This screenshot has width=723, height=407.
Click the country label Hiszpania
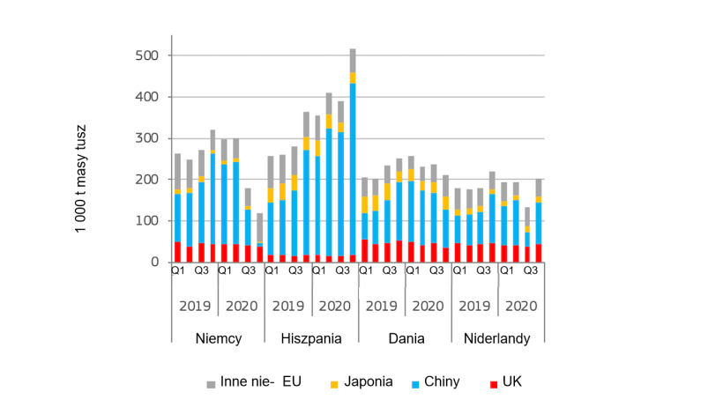coord(311,337)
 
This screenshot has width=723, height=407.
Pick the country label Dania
coord(406,337)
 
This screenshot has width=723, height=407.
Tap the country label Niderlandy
coord(498,337)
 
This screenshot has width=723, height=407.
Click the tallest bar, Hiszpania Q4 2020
coord(353,159)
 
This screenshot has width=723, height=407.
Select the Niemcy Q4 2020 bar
coord(259,238)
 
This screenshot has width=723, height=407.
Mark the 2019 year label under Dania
coord(382,307)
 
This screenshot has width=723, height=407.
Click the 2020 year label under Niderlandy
coord(521,307)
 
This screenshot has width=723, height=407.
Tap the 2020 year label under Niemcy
coord(242,307)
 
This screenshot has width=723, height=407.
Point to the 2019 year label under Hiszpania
coord(288,307)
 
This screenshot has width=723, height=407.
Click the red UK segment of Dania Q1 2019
coord(365,251)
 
